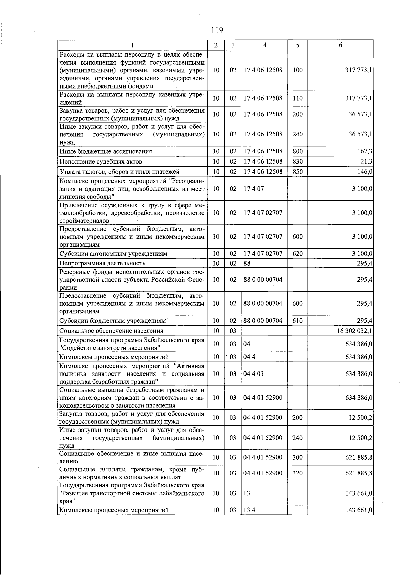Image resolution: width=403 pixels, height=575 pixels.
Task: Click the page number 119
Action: [217, 30]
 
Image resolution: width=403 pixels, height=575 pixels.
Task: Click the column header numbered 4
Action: [265, 45]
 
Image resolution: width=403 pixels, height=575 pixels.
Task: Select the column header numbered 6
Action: [340, 45]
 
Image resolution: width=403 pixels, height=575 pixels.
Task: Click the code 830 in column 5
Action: [297, 162]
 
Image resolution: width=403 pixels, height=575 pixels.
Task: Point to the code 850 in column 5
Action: [297, 172]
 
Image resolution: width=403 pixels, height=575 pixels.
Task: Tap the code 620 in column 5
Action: [297, 254]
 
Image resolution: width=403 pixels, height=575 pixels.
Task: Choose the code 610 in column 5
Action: [297, 321]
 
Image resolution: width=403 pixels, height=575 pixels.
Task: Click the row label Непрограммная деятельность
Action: [102, 263]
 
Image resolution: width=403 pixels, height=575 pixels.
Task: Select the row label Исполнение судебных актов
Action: [101, 162]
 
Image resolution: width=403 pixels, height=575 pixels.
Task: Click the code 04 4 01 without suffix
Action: [254, 373]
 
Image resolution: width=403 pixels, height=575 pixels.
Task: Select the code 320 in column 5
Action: [297, 473]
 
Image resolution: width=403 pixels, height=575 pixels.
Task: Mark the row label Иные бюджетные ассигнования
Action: [106, 151]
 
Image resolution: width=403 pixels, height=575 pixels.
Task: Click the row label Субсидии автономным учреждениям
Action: [113, 254]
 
